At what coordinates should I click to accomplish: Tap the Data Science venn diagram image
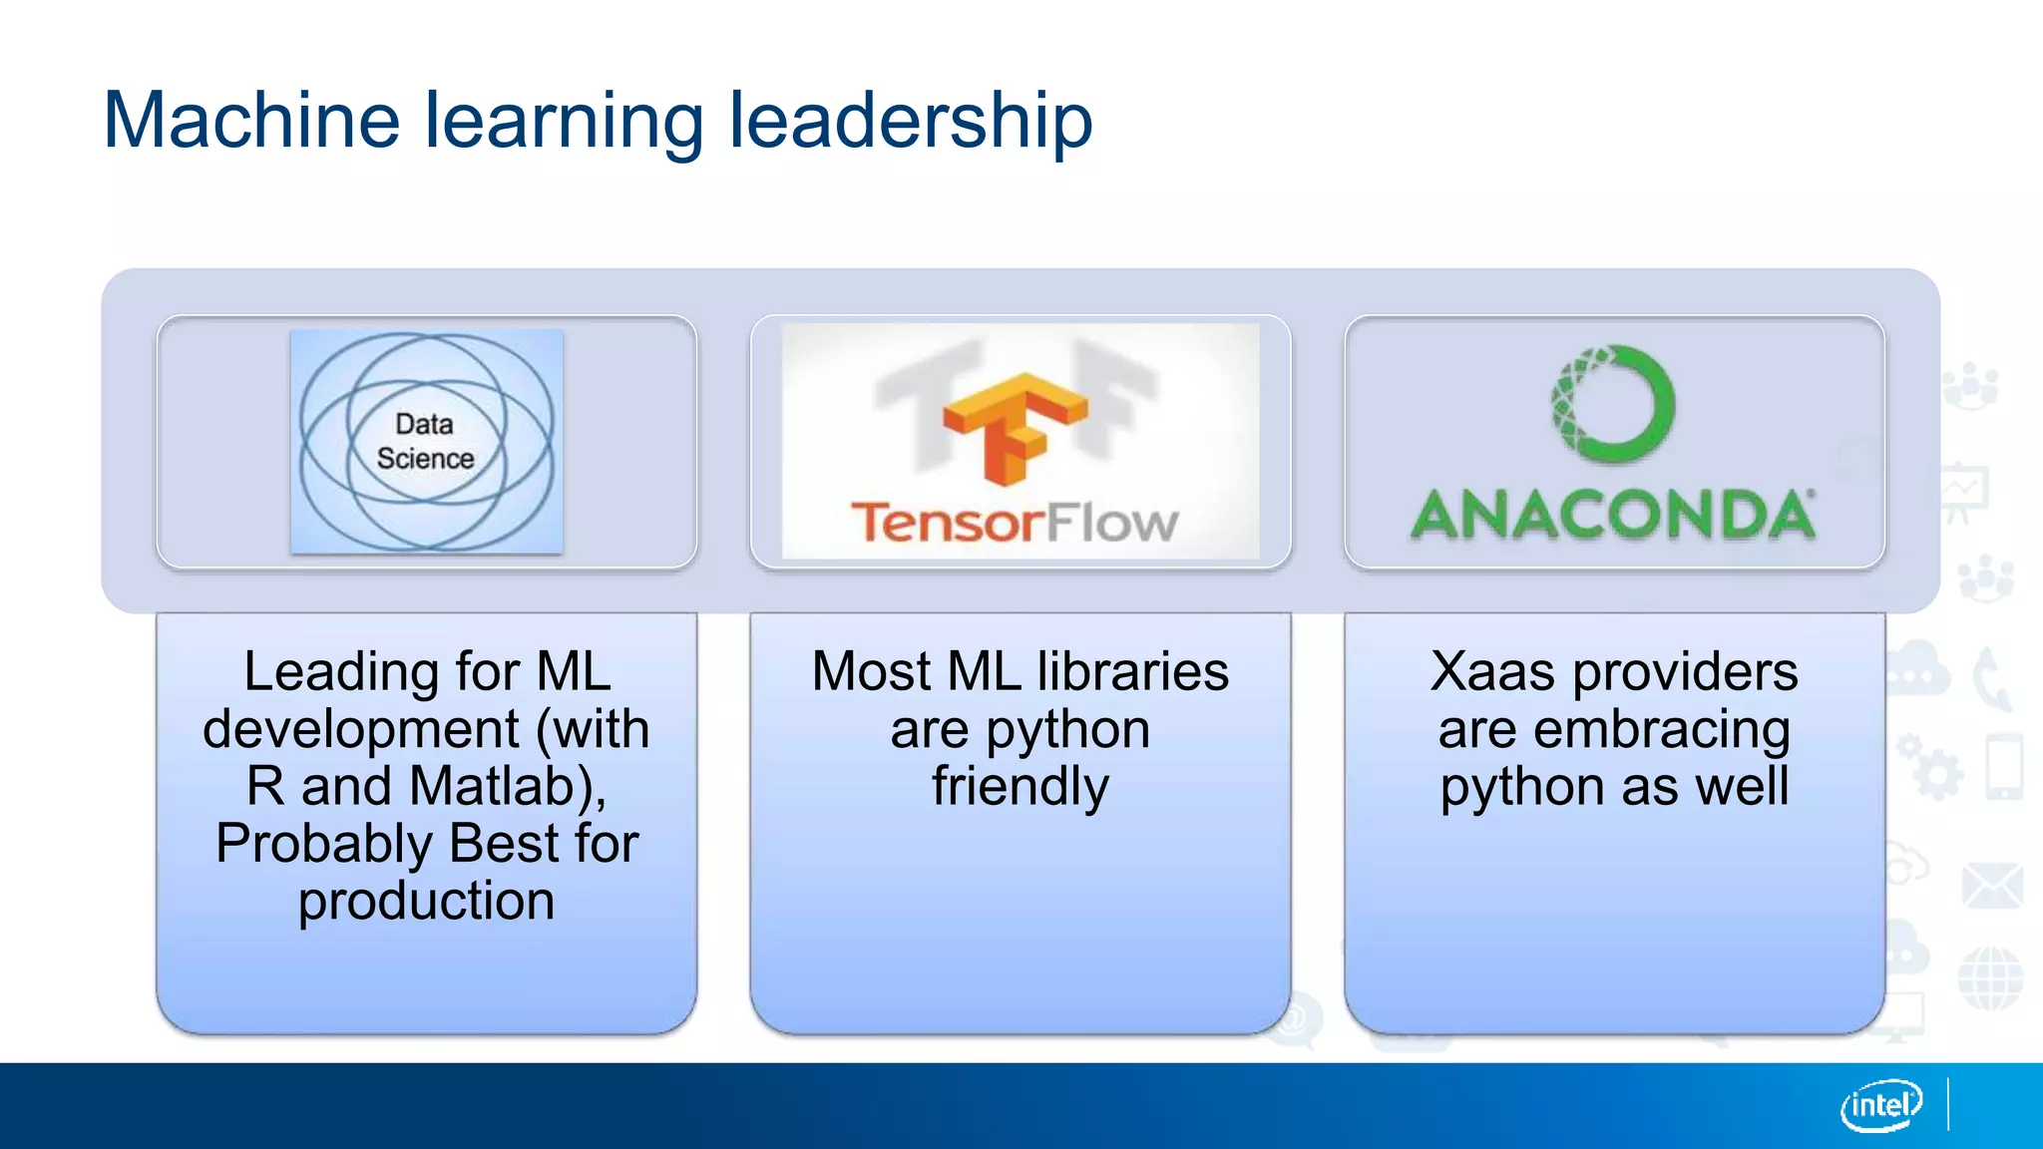point(427,441)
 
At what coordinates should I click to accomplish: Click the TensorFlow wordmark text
point(1014,523)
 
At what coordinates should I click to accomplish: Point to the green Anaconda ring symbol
point(1612,404)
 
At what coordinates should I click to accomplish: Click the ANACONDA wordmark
point(1612,516)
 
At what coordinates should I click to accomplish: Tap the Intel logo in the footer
point(1880,1105)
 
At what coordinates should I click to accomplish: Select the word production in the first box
point(426,901)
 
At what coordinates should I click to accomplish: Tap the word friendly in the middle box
point(1020,786)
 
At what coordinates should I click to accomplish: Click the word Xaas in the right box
point(1491,671)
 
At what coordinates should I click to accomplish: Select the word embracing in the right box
point(1662,729)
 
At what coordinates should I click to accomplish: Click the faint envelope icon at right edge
point(1991,886)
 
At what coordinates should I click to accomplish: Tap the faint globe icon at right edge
point(1989,978)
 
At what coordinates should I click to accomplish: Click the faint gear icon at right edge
point(1936,774)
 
